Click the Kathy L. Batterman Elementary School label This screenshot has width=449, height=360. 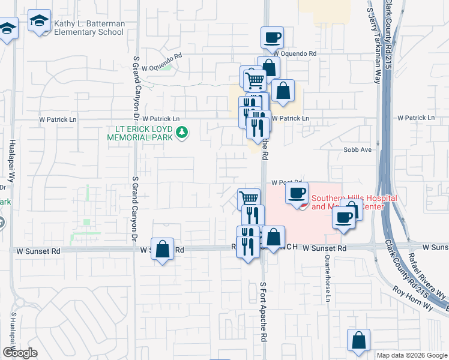point(89,28)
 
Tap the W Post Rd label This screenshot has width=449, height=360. point(285,182)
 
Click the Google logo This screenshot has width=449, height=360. point(20,353)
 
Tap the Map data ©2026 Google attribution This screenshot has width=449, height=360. point(411,355)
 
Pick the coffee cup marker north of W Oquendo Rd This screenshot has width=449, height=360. point(272,37)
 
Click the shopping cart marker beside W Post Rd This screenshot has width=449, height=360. point(248,198)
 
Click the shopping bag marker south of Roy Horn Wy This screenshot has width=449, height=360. point(358,340)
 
